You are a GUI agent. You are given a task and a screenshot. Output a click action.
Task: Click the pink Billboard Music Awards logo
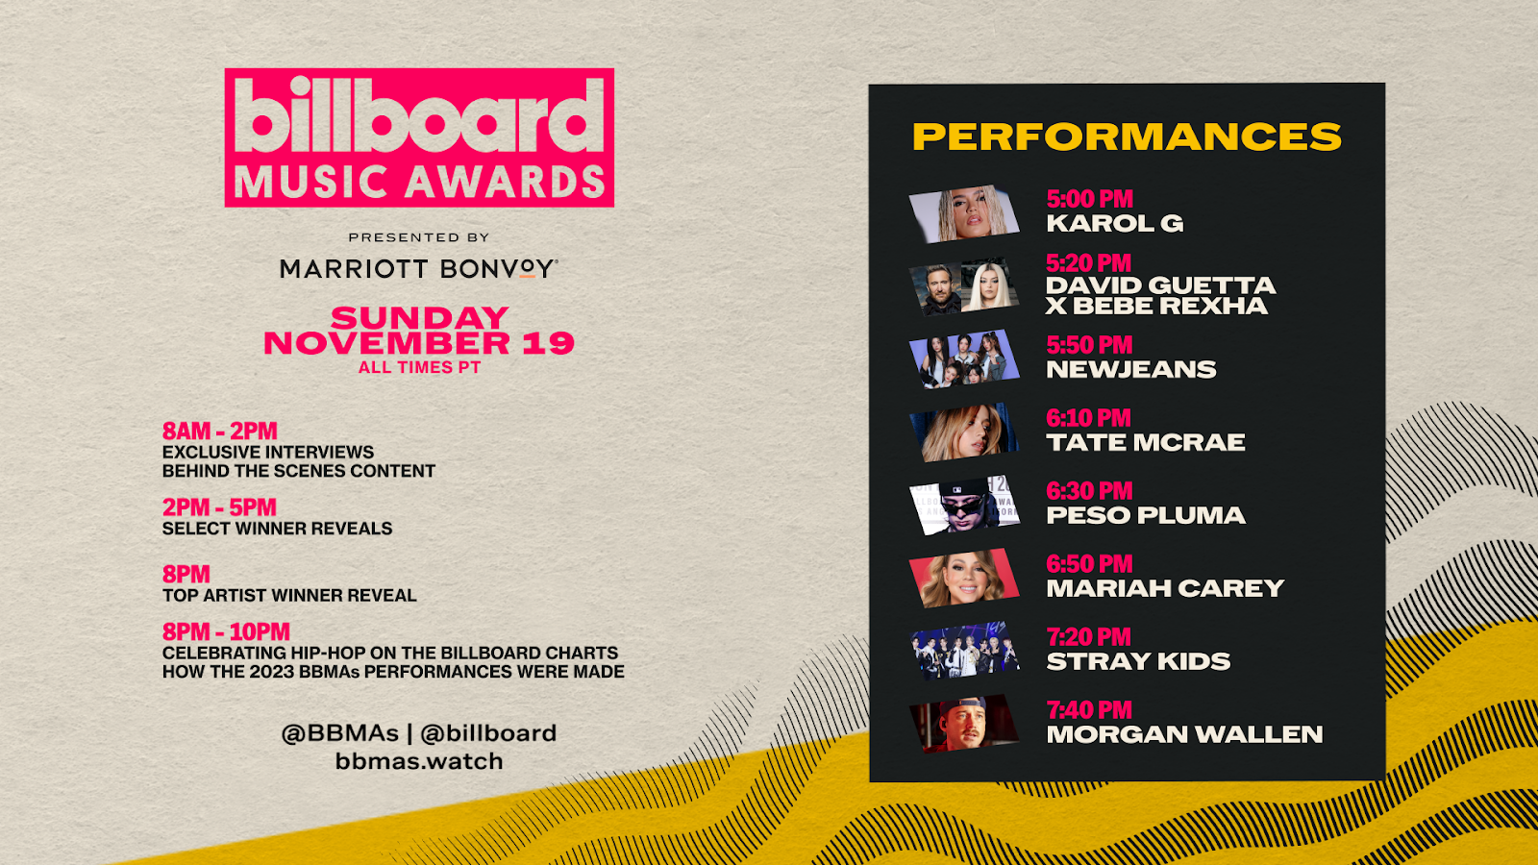coord(419,137)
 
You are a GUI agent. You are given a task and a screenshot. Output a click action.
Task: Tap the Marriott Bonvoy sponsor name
coord(419,268)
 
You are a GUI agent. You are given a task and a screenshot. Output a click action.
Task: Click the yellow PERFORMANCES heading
coord(1127,136)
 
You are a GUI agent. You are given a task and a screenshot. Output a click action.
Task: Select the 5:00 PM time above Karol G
coord(1090,199)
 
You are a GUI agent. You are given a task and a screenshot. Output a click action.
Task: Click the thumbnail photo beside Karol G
coord(964,213)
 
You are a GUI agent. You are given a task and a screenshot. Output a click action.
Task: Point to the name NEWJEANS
coord(1130,369)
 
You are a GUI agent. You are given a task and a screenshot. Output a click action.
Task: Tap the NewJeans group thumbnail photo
coord(964,359)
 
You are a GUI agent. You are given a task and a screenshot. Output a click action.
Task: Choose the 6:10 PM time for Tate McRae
coord(1088,417)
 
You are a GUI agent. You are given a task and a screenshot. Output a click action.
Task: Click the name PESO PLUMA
coord(1145,515)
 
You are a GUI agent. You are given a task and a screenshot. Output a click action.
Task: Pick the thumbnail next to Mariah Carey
coord(964,578)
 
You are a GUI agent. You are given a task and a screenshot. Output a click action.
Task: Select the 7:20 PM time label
coord(1088,637)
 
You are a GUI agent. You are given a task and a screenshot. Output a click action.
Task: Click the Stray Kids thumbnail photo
coord(964,651)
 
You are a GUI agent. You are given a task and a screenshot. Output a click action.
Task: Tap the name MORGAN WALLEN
coord(1184,734)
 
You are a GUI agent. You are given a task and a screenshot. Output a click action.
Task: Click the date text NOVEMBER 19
coord(419,343)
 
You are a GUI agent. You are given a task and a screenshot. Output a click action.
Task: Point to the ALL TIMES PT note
coord(419,368)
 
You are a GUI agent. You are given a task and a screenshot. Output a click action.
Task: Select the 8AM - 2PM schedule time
coord(220,432)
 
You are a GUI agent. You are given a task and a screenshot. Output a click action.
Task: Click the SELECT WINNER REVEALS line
coord(278,529)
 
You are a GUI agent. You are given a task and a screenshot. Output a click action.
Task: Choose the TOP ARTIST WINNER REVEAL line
coord(289,595)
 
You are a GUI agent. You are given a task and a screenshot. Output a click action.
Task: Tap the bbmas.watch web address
coord(419,761)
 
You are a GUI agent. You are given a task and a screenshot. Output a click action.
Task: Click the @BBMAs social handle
coord(340,733)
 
